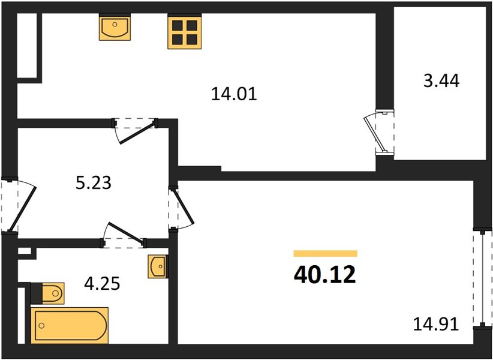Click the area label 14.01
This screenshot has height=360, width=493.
[234, 94]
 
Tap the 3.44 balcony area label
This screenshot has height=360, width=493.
[441, 81]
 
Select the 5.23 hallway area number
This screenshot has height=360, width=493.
[94, 182]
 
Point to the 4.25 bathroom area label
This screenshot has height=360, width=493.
[102, 283]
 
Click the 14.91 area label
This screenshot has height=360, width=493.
[436, 324]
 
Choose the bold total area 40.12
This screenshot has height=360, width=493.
[325, 274]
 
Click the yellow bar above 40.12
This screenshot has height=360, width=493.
[326, 253]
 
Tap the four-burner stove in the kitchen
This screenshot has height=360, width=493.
[185, 32]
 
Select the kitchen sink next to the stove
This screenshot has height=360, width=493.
[115, 28]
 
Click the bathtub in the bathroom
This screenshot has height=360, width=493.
[70, 325]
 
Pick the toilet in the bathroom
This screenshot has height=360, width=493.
[48, 293]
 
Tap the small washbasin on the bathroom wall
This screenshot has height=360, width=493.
[158, 266]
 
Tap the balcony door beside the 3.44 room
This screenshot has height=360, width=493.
[379, 133]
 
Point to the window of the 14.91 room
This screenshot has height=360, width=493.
[482, 278]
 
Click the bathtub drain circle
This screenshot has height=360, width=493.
[41, 325]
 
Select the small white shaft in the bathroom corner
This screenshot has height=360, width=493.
[25, 251]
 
